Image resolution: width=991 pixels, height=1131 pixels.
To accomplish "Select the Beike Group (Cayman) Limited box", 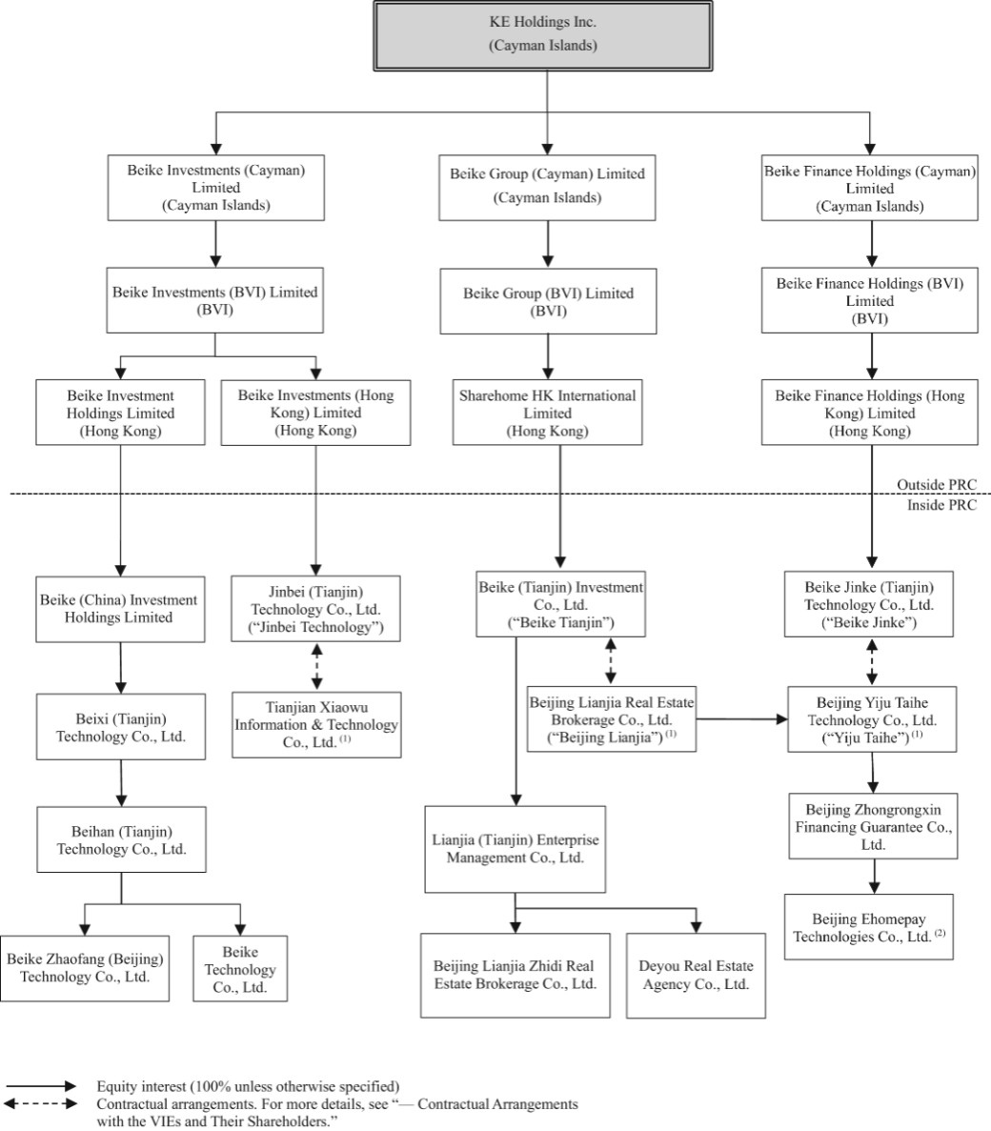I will pos(547,186).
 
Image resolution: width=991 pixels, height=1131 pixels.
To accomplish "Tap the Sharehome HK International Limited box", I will pos(546,413).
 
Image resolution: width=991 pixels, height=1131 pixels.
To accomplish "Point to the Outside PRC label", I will pos(937,485).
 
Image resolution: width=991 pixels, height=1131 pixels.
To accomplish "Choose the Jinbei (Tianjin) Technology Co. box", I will pos(316,609).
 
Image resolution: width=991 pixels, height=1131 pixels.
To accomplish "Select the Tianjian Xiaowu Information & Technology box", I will pos(316,725).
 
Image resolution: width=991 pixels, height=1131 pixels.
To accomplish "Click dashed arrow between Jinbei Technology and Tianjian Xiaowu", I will pos(316,666).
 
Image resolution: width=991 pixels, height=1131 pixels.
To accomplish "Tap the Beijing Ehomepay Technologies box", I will pos(868,927).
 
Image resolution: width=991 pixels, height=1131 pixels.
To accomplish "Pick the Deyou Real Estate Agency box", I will pos(696,976).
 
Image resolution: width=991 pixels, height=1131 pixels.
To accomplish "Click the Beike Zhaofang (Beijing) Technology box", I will pos(85,967).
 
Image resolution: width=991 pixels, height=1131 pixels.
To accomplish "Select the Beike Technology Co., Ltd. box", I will pos(240,969).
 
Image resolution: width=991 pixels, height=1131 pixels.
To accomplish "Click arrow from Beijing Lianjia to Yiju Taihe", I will pos(740,719).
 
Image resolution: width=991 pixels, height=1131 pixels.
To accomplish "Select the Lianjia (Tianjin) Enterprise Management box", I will pos(515,849).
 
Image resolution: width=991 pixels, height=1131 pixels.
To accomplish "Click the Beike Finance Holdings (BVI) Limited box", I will pos(869,300).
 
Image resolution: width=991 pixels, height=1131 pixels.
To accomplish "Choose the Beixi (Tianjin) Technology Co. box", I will pos(120,727).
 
